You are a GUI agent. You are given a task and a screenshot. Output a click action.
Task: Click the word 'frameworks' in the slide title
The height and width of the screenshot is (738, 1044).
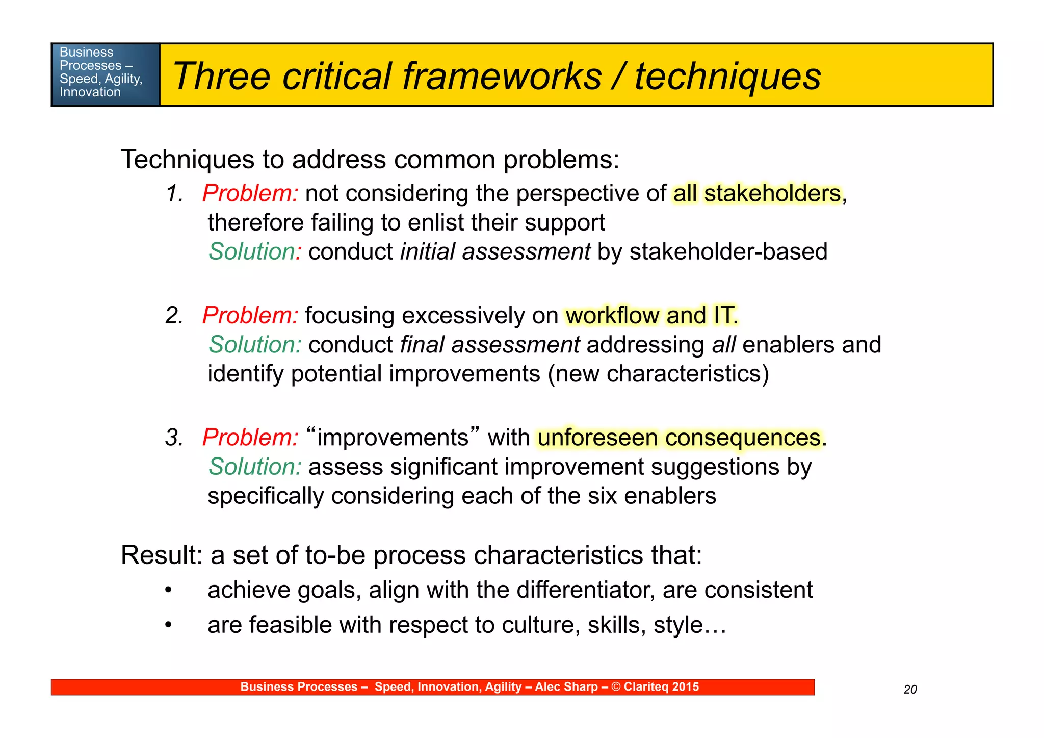502,77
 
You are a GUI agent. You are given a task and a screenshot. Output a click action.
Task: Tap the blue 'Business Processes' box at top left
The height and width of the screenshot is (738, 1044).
105,74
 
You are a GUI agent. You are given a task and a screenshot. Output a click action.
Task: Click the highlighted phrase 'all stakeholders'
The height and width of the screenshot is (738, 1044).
757,194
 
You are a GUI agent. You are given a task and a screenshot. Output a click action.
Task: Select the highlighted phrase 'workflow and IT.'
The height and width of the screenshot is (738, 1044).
651,316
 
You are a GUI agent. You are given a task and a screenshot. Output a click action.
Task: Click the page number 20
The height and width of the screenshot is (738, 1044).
910,690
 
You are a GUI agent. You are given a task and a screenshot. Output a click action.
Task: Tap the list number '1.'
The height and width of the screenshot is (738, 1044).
174,194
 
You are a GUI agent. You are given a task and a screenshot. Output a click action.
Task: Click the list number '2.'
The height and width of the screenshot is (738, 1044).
174,316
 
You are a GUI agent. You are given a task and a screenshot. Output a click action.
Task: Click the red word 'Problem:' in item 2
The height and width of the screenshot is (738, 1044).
250,316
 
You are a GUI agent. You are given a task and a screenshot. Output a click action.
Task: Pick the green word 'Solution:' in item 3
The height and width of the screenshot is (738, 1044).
255,467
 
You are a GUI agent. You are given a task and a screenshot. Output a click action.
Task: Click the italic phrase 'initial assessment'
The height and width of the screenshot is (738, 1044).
495,252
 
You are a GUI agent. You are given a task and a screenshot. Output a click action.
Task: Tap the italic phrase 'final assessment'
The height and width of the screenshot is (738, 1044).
489,345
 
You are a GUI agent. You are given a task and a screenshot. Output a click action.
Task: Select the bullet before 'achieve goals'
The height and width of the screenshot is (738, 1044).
169,591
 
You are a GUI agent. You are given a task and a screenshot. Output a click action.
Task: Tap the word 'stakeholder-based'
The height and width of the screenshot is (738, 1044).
728,252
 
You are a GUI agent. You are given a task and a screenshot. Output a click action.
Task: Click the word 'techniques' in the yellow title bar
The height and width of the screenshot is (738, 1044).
727,77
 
